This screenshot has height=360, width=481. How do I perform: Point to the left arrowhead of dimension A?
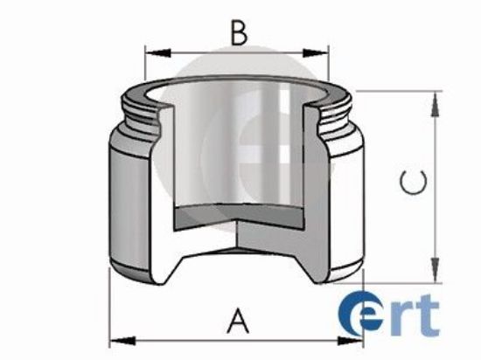click(116, 338)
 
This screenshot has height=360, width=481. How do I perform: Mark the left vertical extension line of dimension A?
click(110, 306)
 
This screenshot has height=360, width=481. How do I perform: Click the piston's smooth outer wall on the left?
click(131, 201)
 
